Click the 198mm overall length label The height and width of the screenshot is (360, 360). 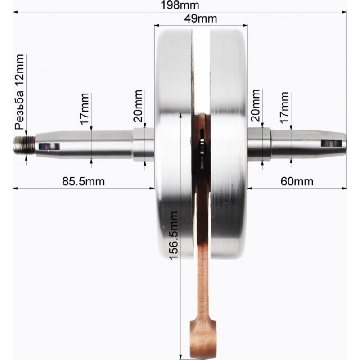click(x=180, y=5)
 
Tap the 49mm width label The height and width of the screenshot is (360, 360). click(x=200, y=18)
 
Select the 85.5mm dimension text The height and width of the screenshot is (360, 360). click(x=84, y=181)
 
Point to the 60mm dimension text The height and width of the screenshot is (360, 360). click(x=297, y=181)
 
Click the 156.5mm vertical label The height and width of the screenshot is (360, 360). click(x=174, y=235)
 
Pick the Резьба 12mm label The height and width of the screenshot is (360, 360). click(x=19, y=92)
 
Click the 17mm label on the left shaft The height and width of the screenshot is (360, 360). click(x=85, y=109)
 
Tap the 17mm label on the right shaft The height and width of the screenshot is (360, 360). click(x=284, y=108)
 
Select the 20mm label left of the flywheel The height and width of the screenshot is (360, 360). click(x=138, y=106)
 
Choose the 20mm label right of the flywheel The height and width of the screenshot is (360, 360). click(x=256, y=105)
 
